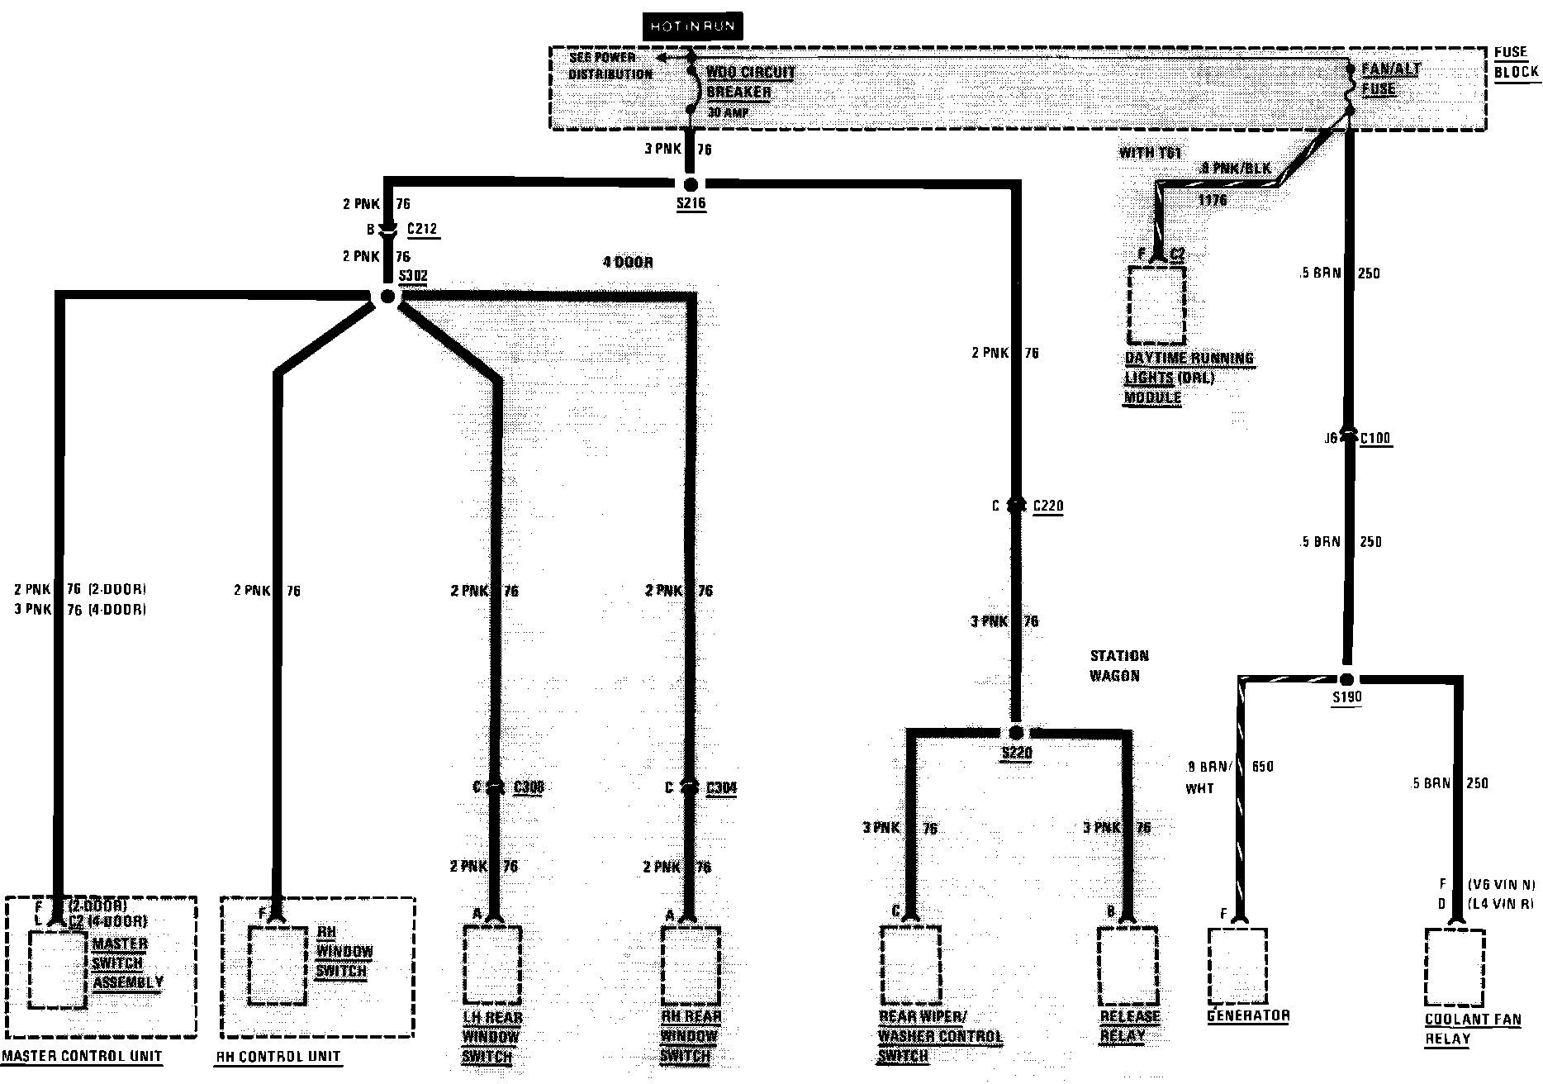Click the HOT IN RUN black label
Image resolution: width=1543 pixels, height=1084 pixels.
tap(691, 26)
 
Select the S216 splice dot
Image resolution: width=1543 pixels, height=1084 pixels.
tap(691, 183)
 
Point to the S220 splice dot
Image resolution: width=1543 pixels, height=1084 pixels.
tap(1016, 733)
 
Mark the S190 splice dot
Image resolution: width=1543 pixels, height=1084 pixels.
tap(1346, 679)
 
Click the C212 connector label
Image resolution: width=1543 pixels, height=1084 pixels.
tap(422, 229)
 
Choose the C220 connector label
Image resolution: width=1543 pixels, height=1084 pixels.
tap(1047, 506)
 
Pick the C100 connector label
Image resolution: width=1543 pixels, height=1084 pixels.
tap(1375, 439)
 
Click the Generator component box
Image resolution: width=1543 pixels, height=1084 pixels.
tap(1237, 963)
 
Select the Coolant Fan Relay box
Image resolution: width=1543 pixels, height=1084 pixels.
tap(1455, 967)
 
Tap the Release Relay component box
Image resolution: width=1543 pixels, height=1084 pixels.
tap(1127, 963)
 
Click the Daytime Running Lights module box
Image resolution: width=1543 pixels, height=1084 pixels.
tap(1156, 304)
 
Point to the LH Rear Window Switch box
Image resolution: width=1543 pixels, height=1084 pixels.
tap(492, 963)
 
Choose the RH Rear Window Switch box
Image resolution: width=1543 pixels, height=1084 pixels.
tap(690, 963)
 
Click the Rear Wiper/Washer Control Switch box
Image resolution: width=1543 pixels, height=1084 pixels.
tap(909, 963)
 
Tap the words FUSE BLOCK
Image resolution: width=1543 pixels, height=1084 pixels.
tap(1516, 62)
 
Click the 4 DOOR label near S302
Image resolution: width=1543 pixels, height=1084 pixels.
tap(628, 263)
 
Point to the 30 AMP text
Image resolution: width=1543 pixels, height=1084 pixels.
tap(727, 112)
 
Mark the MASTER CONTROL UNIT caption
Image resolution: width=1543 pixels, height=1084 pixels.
tap(82, 1056)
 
